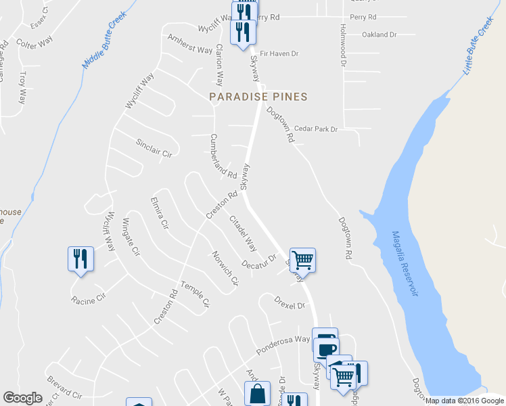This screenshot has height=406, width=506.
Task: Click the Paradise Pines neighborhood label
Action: pyautogui.click(x=258, y=97)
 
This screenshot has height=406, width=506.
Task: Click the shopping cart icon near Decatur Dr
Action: pyautogui.click(x=303, y=258)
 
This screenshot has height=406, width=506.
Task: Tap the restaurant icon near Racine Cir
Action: pyautogui.click(x=80, y=258)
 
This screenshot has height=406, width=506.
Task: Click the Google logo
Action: pyautogui.click(x=23, y=398)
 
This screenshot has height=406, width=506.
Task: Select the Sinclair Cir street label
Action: pyautogui.click(x=154, y=148)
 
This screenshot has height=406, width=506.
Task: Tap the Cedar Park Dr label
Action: pyautogui.click(x=315, y=129)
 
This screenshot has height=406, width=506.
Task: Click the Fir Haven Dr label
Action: pyautogui.click(x=279, y=53)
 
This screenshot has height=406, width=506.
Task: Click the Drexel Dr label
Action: pyautogui.click(x=290, y=302)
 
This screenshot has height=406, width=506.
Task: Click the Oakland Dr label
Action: pyautogui.click(x=379, y=35)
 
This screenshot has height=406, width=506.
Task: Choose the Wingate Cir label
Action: pyautogui.click(x=131, y=238)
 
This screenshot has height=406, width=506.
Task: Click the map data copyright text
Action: pyautogui.click(x=464, y=401)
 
